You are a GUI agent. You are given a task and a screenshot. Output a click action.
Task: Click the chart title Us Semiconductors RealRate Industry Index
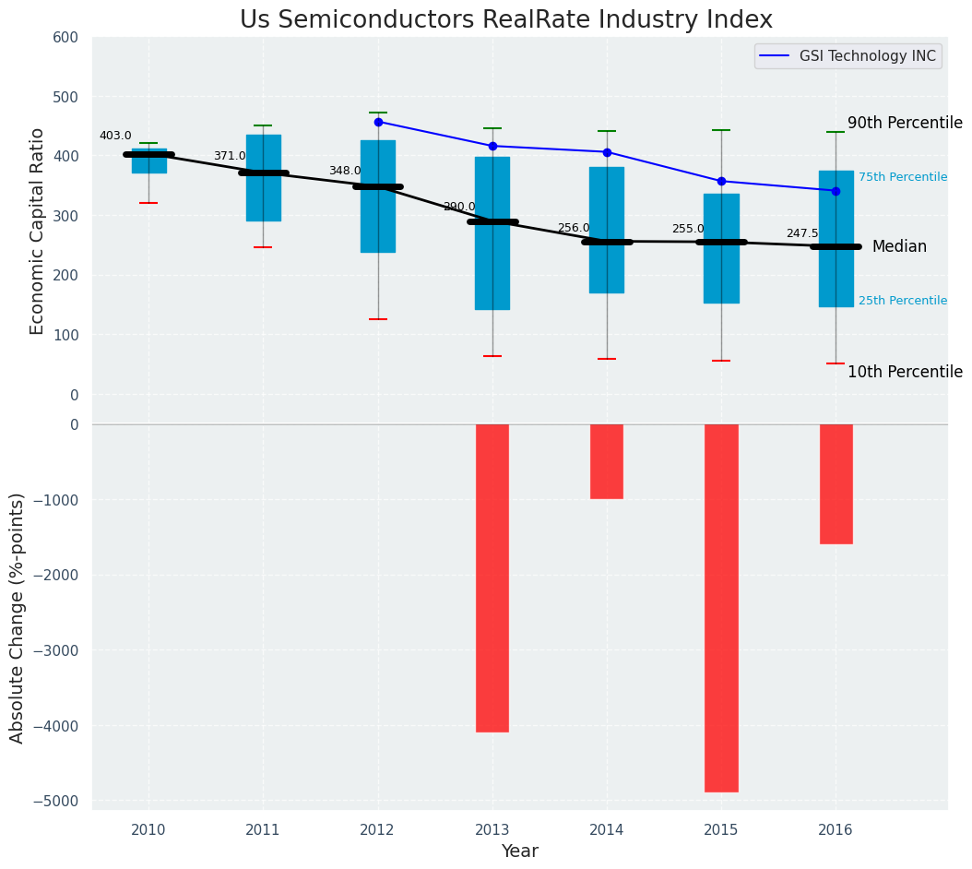pyautogui.click(x=505, y=20)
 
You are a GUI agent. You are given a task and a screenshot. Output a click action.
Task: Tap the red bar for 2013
pyautogui.click(x=492, y=577)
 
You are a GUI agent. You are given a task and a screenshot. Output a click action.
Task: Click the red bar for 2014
pyautogui.click(x=607, y=461)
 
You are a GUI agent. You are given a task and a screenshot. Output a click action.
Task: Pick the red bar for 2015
pyautogui.click(x=721, y=608)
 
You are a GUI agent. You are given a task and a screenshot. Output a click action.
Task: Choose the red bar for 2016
pyautogui.click(x=836, y=483)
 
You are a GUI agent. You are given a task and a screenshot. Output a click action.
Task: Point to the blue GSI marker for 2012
pyautogui.click(x=378, y=122)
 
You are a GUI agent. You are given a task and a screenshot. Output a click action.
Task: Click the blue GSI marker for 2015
pyautogui.click(x=721, y=181)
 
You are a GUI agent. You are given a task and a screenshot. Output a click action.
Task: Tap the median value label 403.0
pyautogui.click(x=115, y=136)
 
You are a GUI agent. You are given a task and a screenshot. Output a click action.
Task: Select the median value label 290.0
pyautogui.click(x=459, y=207)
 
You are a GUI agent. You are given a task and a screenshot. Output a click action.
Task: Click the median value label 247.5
pyautogui.click(x=802, y=233)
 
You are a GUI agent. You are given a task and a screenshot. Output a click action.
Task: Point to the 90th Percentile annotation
pyautogui.click(x=905, y=123)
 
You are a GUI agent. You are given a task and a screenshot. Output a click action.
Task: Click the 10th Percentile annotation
pyautogui.click(x=905, y=372)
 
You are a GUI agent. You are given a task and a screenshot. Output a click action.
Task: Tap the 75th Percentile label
pyautogui.click(x=903, y=177)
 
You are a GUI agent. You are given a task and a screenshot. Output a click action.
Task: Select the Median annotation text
pyautogui.click(x=899, y=246)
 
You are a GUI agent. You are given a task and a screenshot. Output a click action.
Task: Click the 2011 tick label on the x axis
pyautogui.click(x=263, y=830)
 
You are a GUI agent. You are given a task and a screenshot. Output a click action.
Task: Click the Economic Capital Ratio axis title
pyautogui.click(x=38, y=231)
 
